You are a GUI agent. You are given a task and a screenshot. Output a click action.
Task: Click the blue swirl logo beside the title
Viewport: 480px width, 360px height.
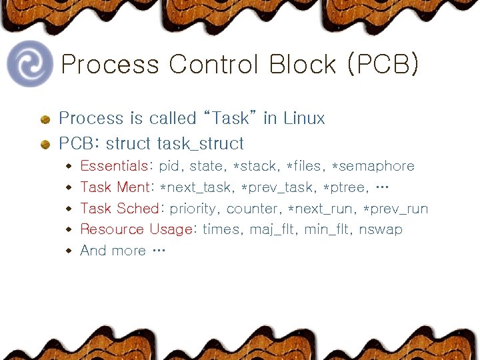click(x=29, y=64)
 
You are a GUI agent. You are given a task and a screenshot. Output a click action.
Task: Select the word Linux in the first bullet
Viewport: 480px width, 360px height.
click(x=303, y=119)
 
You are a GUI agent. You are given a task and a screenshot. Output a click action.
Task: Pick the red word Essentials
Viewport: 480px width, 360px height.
click(x=113, y=166)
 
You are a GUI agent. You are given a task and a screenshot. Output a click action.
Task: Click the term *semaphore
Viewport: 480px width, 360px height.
click(x=373, y=166)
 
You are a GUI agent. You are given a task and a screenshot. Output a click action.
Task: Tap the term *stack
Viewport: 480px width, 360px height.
click(x=254, y=166)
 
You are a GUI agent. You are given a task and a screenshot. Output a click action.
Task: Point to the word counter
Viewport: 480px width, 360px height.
click(x=251, y=209)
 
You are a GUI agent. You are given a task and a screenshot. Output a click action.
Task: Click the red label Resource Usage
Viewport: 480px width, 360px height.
click(x=135, y=230)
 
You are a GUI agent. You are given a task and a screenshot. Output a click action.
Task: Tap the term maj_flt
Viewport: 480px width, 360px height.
click(x=273, y=230)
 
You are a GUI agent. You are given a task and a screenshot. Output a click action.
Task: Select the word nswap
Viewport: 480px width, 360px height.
click(x=381, y=230)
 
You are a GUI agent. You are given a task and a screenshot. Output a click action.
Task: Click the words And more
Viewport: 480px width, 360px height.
click(x=113, y=251)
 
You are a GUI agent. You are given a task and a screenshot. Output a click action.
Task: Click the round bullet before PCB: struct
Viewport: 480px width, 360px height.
click(x=45, y=143)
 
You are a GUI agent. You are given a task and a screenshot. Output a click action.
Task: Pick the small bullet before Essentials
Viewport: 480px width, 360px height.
click(x=69, y=166)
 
